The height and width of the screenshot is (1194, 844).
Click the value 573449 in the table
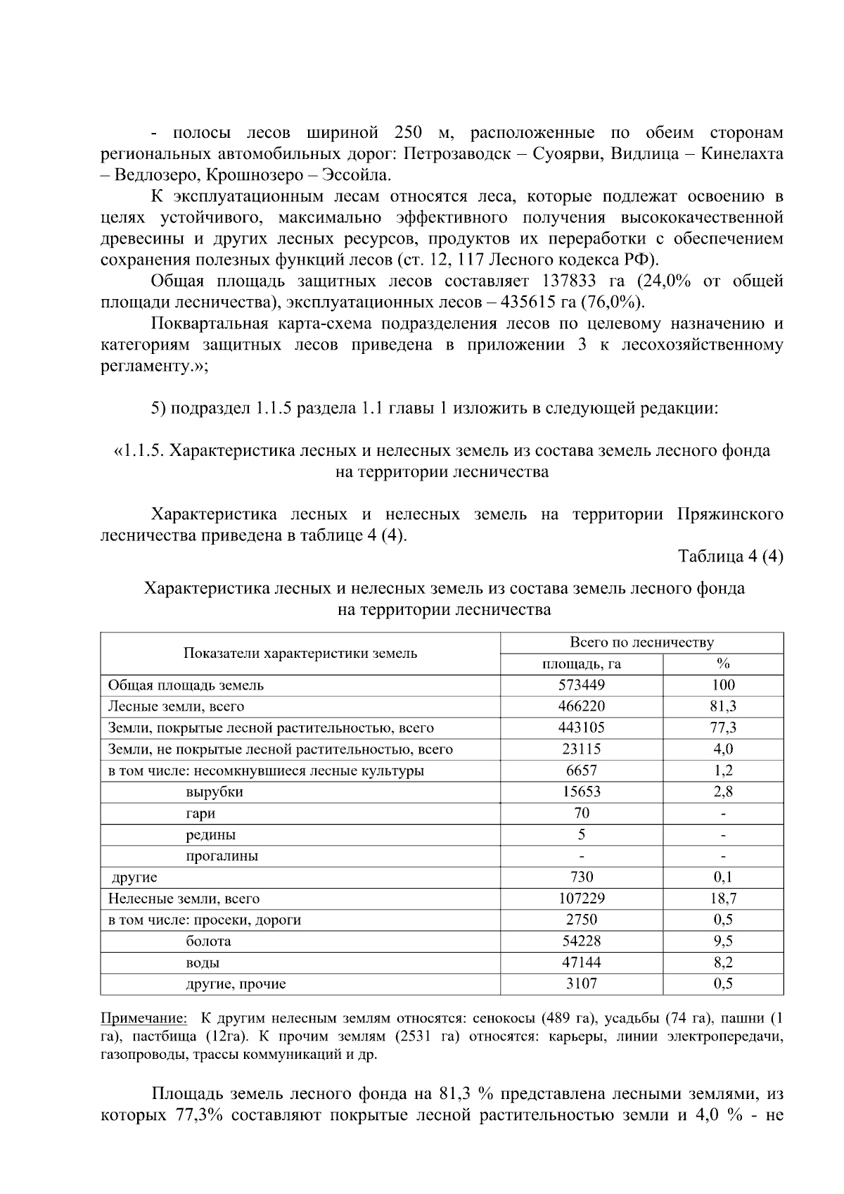point(581,685)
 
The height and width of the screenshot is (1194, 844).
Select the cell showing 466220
point(581,706)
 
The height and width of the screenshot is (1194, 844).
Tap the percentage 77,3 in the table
point(722,728)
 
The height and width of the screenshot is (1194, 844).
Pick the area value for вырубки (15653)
point(581,792)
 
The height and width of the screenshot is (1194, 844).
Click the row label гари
point(200,813)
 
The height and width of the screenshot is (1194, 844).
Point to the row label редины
point(210,835)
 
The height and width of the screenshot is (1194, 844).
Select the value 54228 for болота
point(581,941)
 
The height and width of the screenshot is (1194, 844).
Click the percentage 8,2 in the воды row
point(722,963)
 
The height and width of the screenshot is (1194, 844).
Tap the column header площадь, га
point(581,664)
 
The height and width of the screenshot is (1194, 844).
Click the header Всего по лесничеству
point(641,642)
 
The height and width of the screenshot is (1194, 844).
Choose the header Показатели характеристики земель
point(300,653)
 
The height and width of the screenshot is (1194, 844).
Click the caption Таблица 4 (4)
point(730,557)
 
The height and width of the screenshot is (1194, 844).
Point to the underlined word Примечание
point(143,1018)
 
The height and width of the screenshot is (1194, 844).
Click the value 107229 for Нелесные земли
point(581,898)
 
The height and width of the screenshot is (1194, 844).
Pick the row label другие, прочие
point(236,984)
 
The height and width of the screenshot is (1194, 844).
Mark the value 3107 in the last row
point(581,984)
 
